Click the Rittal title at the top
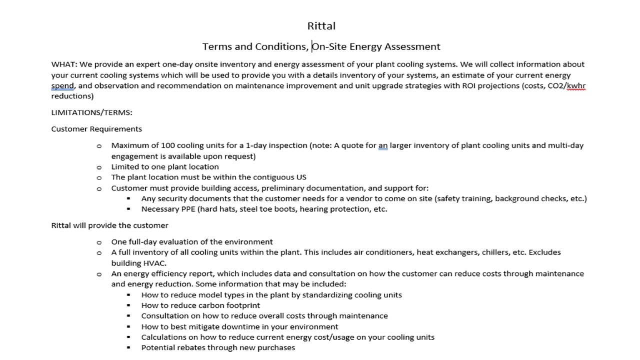click(321, 26)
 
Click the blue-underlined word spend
click(62, 86)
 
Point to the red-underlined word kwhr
click(576, 86)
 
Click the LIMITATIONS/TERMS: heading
click(91, 112)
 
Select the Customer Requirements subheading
click(96, 129)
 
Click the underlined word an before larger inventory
click(383, 145)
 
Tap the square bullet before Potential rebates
click(129, 347)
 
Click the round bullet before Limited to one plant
click(99, 167)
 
